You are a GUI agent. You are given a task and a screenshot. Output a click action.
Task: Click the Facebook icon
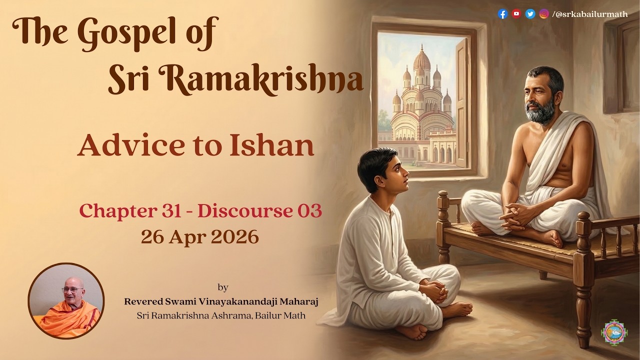[x=503, y=14]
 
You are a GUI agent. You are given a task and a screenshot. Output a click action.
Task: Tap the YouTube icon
[x=516, y=14]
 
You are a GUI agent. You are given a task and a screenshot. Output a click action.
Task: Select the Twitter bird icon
[x=530, y=14]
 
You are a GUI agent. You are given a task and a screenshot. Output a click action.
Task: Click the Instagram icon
[x=544, y=14]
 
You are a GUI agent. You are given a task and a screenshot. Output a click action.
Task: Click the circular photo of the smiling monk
[x=66, y=301]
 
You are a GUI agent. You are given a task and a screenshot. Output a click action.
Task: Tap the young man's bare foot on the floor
[x=456, y=310]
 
